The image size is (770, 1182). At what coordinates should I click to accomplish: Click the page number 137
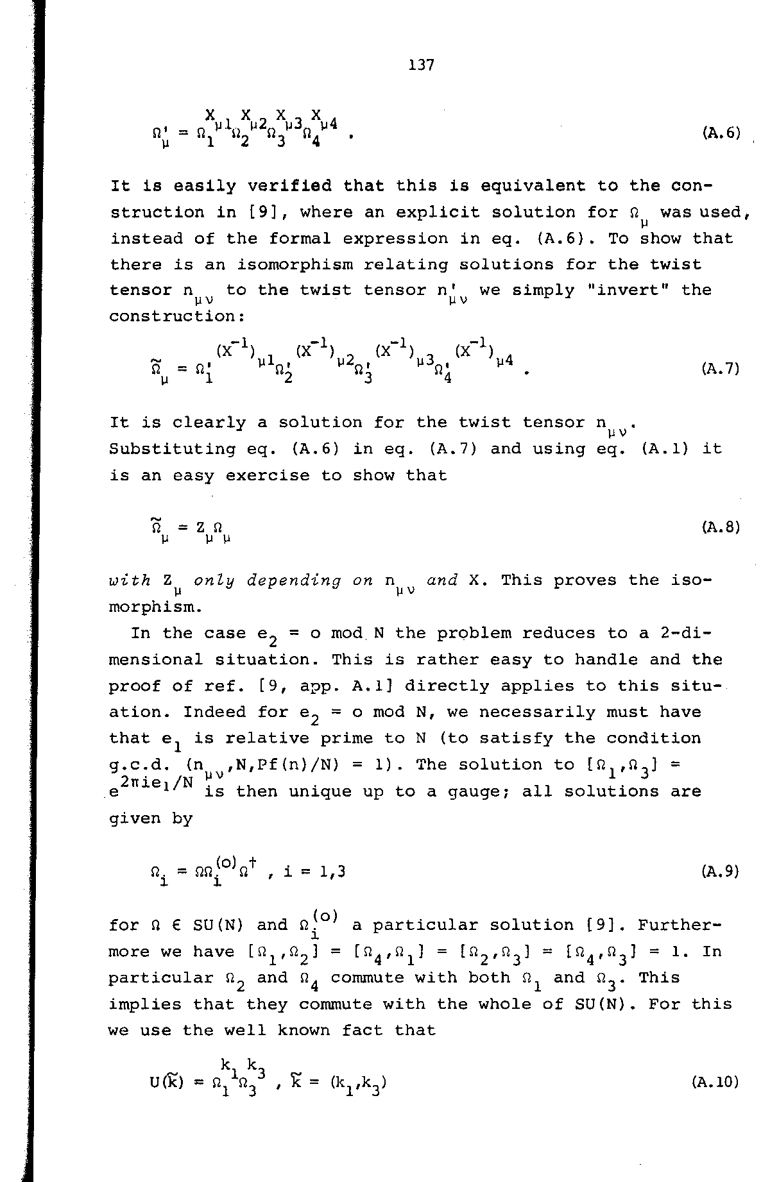421,65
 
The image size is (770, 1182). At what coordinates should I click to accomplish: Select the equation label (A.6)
721,133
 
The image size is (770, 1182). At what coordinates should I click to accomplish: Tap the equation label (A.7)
721,369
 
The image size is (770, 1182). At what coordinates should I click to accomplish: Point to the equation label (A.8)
721,527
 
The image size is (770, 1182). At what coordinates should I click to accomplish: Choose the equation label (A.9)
721,871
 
